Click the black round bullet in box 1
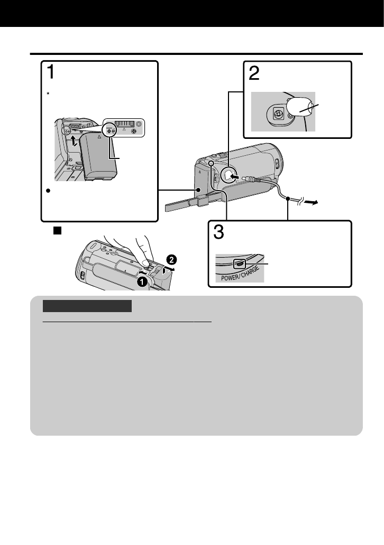tap(47, 191)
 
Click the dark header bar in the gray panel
tap(87, 306)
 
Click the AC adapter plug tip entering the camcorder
tap(244, 178)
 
